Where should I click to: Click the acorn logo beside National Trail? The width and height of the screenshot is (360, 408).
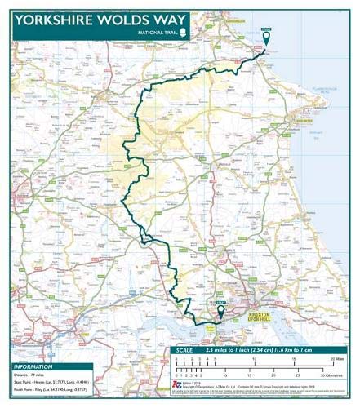[x=183, y=33]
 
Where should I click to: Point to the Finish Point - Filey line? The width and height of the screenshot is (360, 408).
[x=49, y=390]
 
